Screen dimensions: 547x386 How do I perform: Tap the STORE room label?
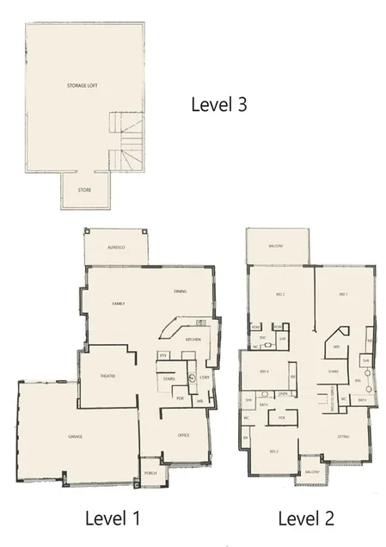point(84,190)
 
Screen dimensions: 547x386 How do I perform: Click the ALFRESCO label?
point(116,247)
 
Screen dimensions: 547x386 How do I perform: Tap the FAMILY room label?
point(119,304)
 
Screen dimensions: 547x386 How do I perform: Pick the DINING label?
point(181,292)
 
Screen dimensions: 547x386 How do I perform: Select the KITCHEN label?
point(193,340)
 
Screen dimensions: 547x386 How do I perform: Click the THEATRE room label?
point(107,377)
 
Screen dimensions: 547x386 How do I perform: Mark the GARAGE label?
point(75,437)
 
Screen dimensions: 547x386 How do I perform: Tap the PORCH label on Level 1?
point(150,473)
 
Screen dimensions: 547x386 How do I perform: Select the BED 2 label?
point(279,295)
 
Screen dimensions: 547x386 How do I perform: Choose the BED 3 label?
point(273,452)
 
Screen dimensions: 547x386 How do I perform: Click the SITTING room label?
point(343,436)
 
